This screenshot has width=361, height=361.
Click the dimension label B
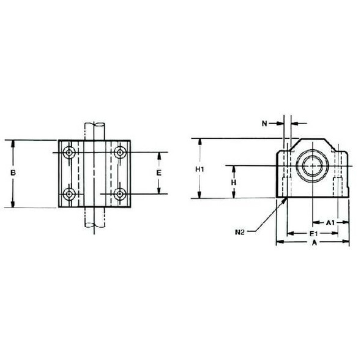(x=12, y=174)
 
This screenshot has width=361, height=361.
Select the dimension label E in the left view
(x=159, y=173)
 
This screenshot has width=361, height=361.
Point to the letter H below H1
(x=233, y=182)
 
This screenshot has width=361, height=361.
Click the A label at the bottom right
(x=314, y=243)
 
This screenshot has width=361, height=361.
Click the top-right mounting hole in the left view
(x=119, y=151)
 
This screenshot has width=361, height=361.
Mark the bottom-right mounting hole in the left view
(x=119, y=194)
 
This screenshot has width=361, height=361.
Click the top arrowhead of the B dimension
(x=12, y=143)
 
